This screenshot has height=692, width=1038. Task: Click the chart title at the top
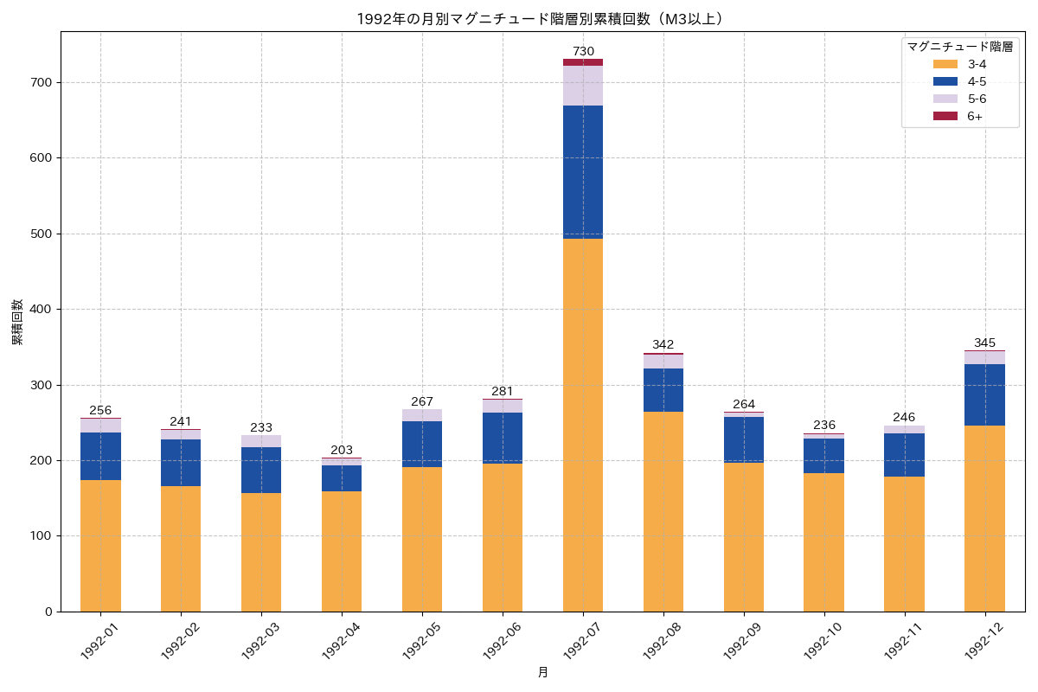point(542,18)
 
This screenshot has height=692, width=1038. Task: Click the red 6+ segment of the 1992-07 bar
point(583,62)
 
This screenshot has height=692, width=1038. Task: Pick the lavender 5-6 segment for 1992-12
point(984,357)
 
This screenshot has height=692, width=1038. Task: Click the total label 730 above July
point(583,51)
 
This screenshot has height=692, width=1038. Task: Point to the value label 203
point(342,450)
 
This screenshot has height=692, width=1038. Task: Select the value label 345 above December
point(984,343)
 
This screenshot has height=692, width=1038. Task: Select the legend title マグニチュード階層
point(959,46)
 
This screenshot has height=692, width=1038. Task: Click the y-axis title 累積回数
point(17,322)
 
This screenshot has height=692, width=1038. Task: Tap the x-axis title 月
point(542,672)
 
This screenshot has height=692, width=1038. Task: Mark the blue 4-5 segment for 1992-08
point(663,390)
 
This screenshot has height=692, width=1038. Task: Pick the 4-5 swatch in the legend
point(945,81)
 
